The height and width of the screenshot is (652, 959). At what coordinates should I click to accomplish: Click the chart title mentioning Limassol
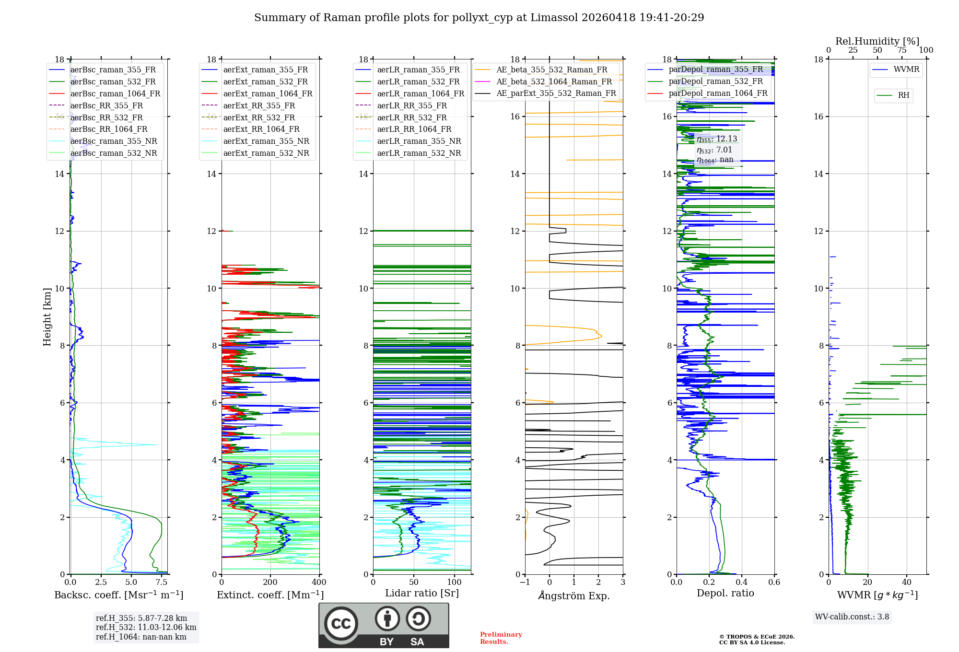pyautogui.click(x=479, y=18)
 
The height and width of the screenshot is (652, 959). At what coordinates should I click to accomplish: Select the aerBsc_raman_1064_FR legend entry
pyautogui.click(x=115, y=94)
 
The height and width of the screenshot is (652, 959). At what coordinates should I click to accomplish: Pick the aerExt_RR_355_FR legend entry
pyautogui.click(x=259, y=106)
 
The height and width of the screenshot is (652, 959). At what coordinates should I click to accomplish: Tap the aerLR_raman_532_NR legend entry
pyautogui.click(x=419, y=153)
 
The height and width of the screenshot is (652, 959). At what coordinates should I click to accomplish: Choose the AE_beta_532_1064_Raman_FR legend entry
pyautogui.click(x=554, y=82)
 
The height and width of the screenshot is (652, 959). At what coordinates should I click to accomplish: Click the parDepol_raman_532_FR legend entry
pyautogui.click(x=715, y=81)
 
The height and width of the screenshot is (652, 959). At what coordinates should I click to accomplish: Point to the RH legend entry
pyautogui.click(x=903, y=95)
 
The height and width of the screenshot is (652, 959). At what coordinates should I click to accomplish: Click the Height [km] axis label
pyautogui.click(x=47, y=317)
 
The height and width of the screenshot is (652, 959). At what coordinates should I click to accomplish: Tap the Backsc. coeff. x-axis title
pyautogui.click(x=118, y=595)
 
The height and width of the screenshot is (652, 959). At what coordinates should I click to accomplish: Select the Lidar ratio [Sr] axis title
pyautogui.click(x=422, y=593)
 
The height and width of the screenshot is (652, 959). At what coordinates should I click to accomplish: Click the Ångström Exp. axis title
pyautogui.click(x=574, y=596)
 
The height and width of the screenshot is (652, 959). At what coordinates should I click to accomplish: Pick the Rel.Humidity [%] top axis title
pyautogui.click(x=877, y=41)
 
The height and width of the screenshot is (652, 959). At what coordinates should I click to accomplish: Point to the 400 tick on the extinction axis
pyautogui.click(x=319, y=582)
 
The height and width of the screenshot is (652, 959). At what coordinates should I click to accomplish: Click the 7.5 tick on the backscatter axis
pyautogui.click(x=162, y=582)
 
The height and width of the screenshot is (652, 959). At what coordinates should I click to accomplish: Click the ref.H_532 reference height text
pyautogui.click(x=146, y=628)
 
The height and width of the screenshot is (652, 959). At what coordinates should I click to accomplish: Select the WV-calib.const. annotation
pyautogui.click(x=852, y=617)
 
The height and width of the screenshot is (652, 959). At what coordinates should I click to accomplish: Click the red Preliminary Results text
pyautogui.click(x=501, y=638)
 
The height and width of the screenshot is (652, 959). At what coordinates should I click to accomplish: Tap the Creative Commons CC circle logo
pyautogui.click(x=341, y=624)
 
